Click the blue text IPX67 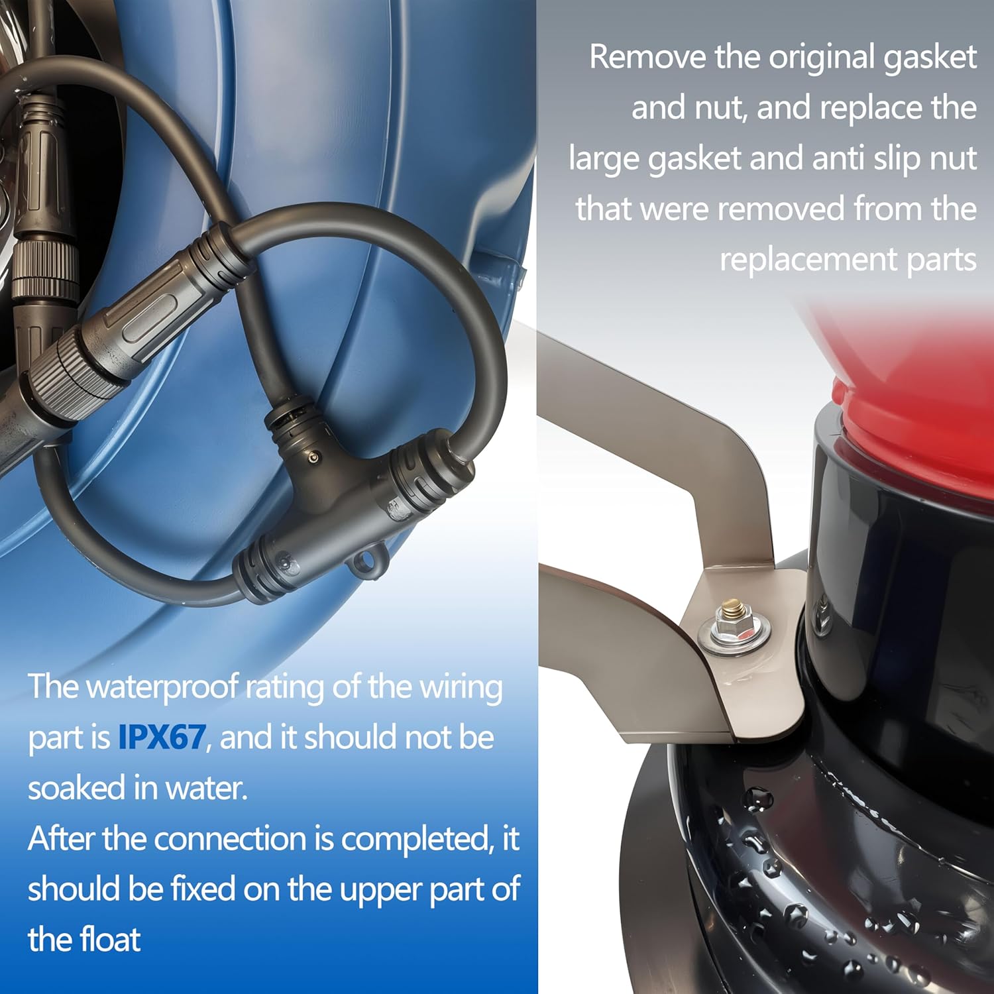point(162,737)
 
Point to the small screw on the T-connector point(313,457)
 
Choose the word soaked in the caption point(76,788)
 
